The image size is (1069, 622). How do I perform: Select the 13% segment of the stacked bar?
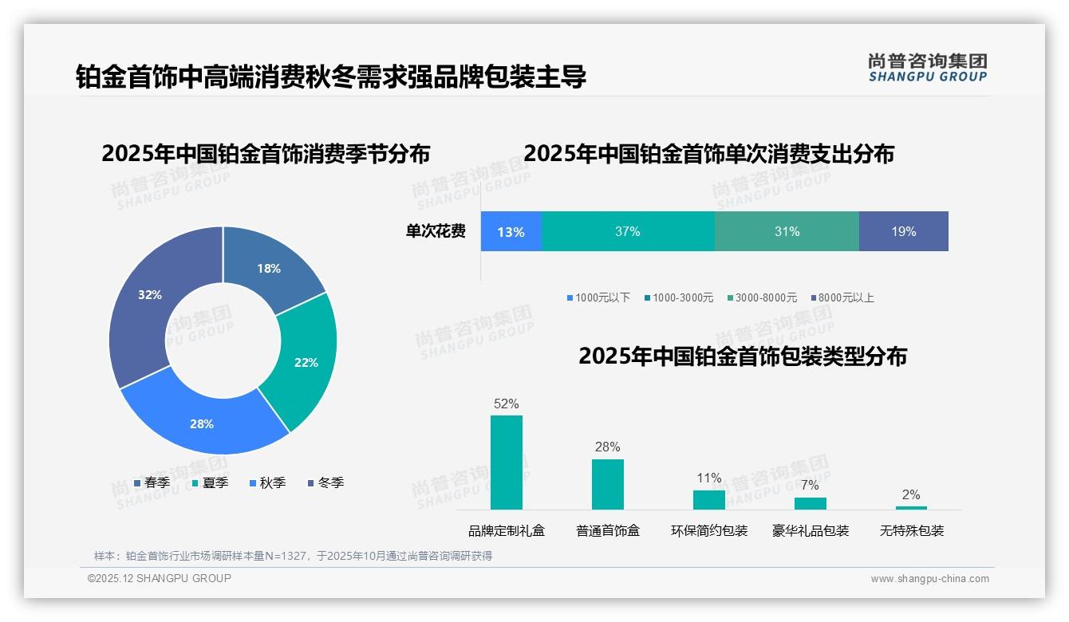click(x=511, y=231)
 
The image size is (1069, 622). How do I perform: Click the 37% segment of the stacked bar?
click(x=628, y=231)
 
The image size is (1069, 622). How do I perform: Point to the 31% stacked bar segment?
click(x=787, y=231)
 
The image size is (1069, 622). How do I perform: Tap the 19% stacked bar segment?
click(x=904, y=231)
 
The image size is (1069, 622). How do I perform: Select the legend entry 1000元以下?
click(x=598, y=297)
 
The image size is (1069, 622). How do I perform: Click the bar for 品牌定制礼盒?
click(x=507, y=463)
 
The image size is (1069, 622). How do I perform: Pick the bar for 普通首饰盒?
click(x=608, y=484)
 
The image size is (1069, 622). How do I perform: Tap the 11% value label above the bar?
click(x=709, y=478)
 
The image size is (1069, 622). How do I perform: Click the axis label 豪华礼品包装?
click(x=811, y=530)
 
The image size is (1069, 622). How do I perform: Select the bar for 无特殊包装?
click(x=911, y=507)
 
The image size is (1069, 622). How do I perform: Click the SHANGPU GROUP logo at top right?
click(x=928, y=68)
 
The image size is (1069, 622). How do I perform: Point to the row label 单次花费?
click(x=436, y=231)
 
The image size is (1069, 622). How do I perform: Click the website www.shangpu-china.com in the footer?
click(x=929, y=579)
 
